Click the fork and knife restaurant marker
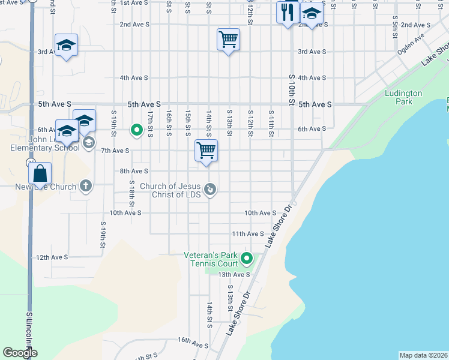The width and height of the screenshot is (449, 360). click(287, 12)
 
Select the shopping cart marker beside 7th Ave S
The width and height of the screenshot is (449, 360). click(206, 150)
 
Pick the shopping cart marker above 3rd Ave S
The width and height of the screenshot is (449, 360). click(228, 40)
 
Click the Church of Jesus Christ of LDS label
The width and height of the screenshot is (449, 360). click(170, 190)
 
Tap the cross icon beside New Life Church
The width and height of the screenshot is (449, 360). click(86, 186)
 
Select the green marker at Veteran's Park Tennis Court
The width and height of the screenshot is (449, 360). click(247, 259)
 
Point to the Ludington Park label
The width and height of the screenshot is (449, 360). click(403, 97)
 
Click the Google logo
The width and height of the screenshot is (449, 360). click(20, 352)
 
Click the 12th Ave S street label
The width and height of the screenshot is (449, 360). click(52, 257)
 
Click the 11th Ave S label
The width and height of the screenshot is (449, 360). click(248, 233)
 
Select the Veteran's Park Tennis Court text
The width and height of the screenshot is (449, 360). click(211, 259)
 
